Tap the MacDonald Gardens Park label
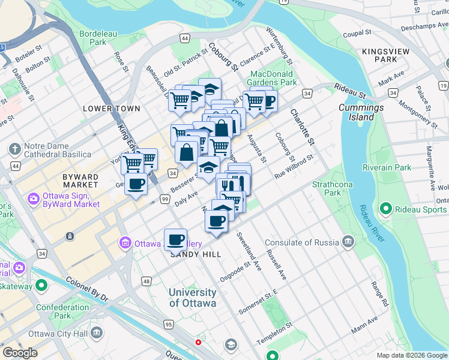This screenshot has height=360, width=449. (273, 77)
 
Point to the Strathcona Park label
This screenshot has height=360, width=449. (327, 188)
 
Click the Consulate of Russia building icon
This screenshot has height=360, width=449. (349, 242)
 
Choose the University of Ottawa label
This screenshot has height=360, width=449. (192, 298)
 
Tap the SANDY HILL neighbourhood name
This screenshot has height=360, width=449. (196, 254)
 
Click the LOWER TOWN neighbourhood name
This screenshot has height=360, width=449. (112, 109)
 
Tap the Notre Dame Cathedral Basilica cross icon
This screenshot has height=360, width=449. (14, 148)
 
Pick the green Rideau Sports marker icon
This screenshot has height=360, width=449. (385, 209)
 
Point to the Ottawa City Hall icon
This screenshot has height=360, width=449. (97, 334)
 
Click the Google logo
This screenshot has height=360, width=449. (20, 353)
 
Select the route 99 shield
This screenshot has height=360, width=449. (164, 198)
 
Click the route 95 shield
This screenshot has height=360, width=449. (168, 325)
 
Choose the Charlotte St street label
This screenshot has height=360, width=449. (302, 126)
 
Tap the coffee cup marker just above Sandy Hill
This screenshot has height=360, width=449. (175, 239)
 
